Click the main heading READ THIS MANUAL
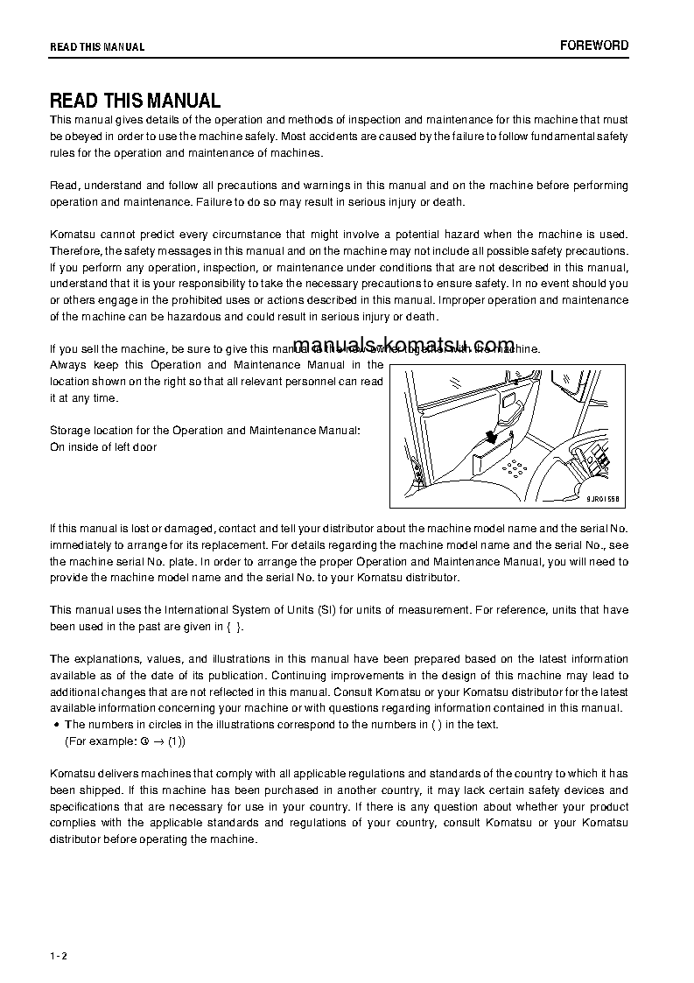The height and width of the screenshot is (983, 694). click(x=135, y=101)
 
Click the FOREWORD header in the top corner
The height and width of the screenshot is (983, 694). click(x=594, y=46)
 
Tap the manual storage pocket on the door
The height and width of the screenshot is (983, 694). click(x=489, y=455)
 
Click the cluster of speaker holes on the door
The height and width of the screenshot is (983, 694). click(x=517, y=468)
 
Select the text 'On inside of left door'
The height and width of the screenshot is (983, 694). click(x=103, y=447)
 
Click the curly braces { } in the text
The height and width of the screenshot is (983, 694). click(x=234, y=627)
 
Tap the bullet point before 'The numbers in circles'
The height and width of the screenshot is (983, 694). click(x=56, y=725)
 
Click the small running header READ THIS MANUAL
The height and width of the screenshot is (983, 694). click(x=97, y=47)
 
